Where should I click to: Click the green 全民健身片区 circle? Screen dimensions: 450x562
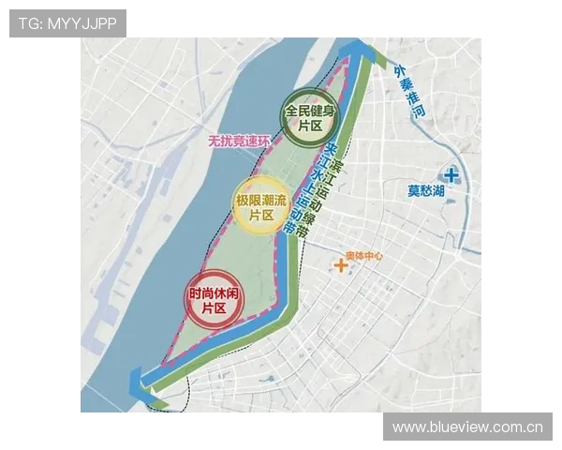[x=303, y=118]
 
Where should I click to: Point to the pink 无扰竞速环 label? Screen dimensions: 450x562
[x=239, y=142]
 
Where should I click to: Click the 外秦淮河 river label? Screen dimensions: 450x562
[x=409, y=92]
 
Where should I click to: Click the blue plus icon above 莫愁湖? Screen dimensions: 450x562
[x=451, y=174]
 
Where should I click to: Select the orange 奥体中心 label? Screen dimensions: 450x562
[x=363, y=256]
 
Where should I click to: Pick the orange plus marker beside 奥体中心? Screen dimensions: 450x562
[x=341, y=266]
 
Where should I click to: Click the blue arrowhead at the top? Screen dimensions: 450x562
[x=354, y=49]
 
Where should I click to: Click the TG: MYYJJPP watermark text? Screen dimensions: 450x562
[x=67, y=23]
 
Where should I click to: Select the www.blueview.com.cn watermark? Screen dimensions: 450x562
[x=467, y=427]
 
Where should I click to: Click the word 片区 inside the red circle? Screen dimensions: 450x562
[x=208, y=307]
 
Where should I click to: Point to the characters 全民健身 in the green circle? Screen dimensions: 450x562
[x=303, y=111]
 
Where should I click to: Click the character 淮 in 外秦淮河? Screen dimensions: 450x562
[x=413, y=97]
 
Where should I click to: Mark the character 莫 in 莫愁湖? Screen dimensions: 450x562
[x=413, y=191]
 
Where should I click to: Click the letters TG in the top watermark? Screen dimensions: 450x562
[x=28, y=23]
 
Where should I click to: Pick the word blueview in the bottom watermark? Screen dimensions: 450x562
[x=456, y=427]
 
